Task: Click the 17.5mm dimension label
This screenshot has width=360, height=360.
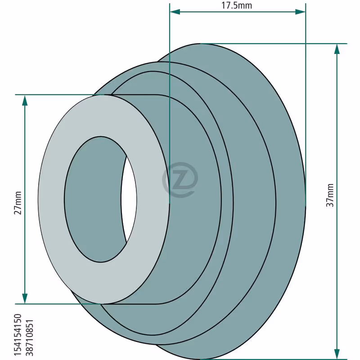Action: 237,5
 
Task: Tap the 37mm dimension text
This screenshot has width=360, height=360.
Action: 330,195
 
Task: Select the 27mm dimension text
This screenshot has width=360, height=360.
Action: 18,203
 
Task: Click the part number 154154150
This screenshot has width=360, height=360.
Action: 18,335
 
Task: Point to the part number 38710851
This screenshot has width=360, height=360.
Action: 29,337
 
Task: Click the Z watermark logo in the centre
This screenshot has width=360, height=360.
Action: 180,180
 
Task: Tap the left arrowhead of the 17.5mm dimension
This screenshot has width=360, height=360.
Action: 175,12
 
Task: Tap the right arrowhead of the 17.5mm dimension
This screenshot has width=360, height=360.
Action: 300,12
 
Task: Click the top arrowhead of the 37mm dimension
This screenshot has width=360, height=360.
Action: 337,49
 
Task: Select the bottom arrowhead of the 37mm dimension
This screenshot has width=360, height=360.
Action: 337,354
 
